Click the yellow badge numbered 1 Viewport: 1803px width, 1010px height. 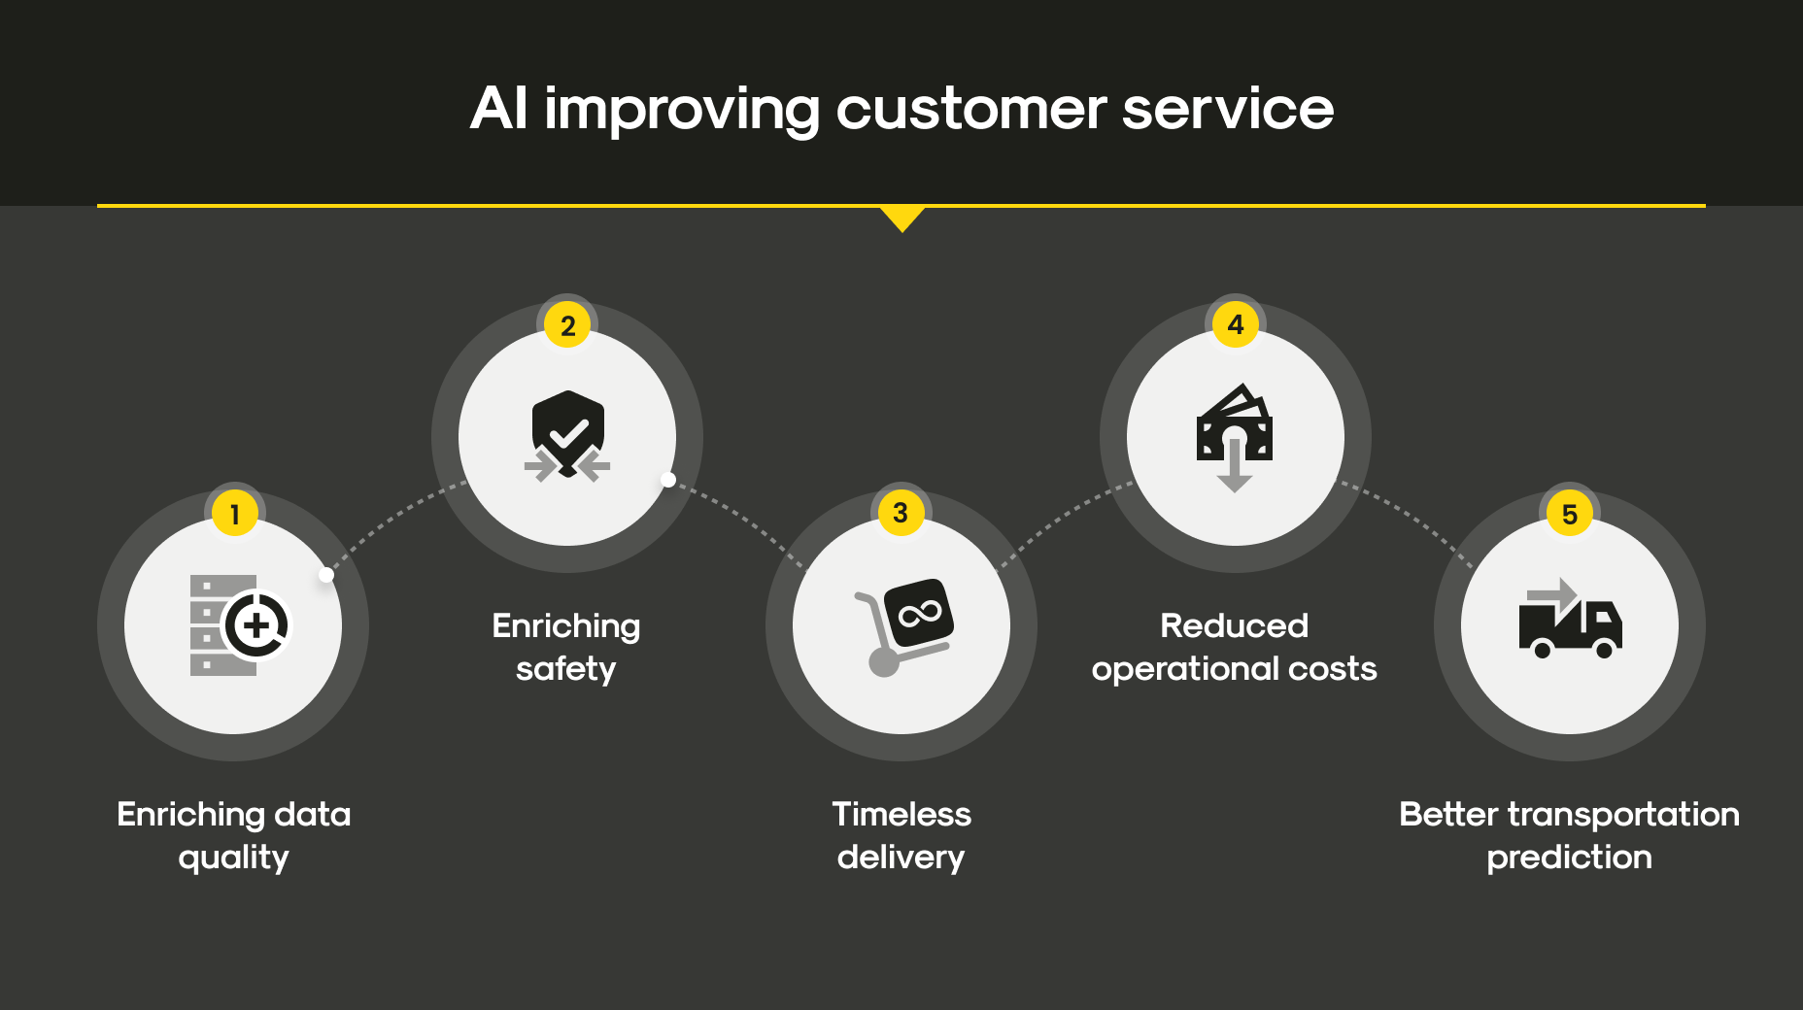[234, 513]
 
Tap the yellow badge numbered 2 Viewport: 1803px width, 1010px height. [568, 324]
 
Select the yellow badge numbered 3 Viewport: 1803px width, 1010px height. [901, 512]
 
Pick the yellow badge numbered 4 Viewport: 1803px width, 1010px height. [1236, 324]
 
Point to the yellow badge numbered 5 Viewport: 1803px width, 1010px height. [1569, 513]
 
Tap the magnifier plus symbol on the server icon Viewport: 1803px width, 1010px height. [257, 625]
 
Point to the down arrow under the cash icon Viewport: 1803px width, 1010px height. [1235, 464]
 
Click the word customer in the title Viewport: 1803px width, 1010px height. [970, 108]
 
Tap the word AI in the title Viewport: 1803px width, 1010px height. [499, 108]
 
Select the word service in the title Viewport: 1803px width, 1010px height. [1228, 108]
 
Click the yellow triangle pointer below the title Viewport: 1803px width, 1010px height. [902, 217]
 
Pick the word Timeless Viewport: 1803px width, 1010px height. [901, 814]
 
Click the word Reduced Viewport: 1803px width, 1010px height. [1235, 625]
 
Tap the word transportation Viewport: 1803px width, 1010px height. [1623, 815]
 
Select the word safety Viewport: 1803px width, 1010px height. [565, 669]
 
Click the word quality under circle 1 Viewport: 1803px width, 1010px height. [233, 858]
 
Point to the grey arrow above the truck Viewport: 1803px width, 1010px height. [1552, 594]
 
